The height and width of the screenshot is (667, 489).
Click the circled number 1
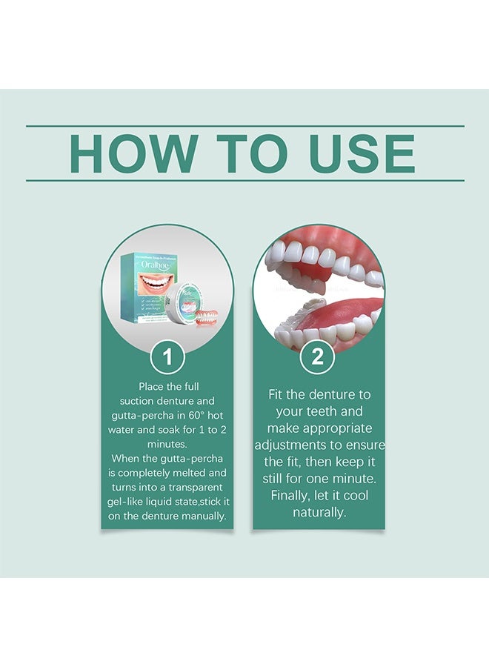(167, 358)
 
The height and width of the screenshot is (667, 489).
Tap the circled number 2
(318, 358)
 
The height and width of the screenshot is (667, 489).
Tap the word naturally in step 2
(319, 511)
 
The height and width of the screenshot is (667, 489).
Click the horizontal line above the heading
(245, 126)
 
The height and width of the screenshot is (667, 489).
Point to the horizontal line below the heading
(245, 180)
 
